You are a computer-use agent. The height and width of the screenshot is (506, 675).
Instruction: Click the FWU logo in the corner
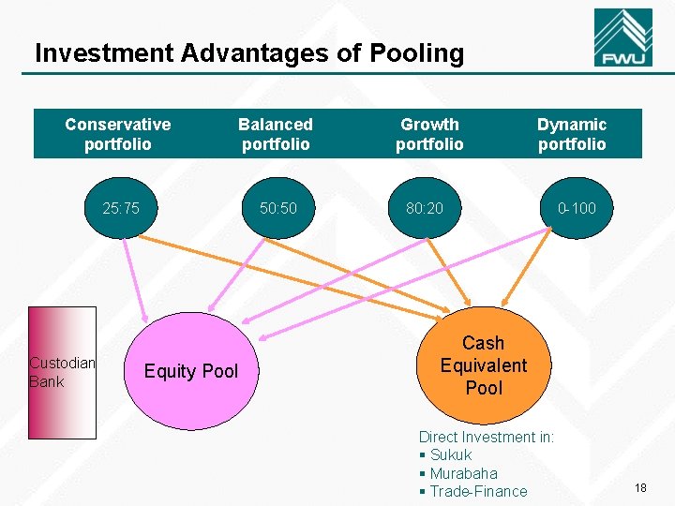point(623,39)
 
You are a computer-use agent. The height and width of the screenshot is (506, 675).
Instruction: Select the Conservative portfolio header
point(118,134)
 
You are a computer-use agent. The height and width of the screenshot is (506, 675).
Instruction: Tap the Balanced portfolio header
point(276,134)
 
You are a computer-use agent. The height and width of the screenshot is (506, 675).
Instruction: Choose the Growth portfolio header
point(429,134)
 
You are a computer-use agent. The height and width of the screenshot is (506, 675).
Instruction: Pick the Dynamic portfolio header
point(572,134)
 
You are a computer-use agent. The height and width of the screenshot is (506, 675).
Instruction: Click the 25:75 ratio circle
point(121,208)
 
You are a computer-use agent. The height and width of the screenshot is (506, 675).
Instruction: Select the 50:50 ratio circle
point(278,208)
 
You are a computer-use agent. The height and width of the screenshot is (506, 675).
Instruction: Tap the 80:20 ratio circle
point(426,208)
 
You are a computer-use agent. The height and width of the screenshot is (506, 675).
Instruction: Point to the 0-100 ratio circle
point(577,208)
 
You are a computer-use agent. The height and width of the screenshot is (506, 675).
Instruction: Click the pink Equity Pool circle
point(191,371)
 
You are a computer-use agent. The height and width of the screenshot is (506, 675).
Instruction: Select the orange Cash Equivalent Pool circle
point(484,365)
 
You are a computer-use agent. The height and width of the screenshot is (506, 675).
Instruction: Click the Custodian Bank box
point(62,372)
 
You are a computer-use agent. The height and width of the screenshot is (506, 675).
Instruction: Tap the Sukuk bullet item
point(450,455)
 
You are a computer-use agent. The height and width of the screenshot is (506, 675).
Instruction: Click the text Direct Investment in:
point(487,438)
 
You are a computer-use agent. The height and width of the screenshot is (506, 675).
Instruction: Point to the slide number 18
point(641,488)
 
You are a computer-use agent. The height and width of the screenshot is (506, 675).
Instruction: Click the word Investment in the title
point(103,53)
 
